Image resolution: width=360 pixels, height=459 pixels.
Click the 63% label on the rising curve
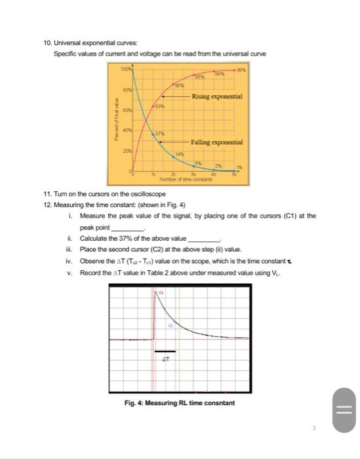159,106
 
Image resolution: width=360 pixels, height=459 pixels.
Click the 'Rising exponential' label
217,96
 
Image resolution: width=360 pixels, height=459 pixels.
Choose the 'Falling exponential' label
216,142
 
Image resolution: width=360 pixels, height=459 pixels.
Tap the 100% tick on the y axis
125,68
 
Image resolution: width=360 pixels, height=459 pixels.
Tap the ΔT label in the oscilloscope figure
165,359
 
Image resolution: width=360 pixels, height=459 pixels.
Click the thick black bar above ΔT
165,351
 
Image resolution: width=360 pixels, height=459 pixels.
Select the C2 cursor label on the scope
170,325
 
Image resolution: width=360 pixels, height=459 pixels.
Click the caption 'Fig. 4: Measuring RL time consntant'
179,403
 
